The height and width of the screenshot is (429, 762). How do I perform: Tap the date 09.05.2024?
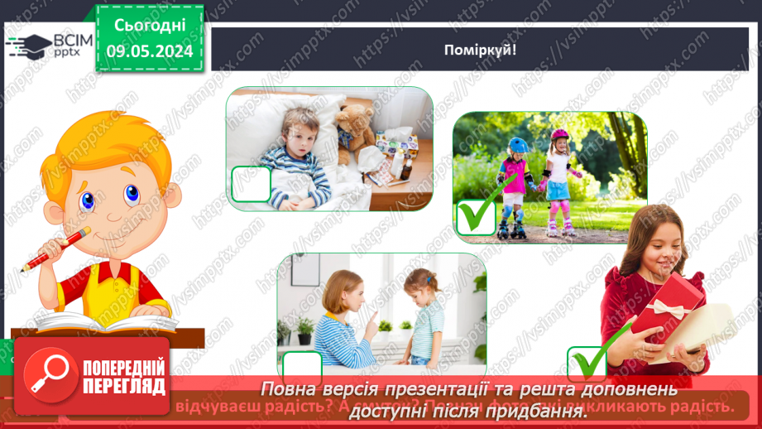pos(150,51)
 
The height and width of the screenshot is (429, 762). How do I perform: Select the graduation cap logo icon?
pos(27,45)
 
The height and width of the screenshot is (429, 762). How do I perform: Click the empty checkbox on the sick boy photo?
pos(252,183)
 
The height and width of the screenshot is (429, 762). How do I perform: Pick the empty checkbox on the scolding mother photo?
pos(302,368)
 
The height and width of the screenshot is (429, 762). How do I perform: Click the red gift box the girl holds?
pos(667,311)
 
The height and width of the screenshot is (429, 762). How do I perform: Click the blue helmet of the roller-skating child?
pos(518,145)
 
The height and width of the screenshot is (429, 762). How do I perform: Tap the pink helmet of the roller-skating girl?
pos(560,136)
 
